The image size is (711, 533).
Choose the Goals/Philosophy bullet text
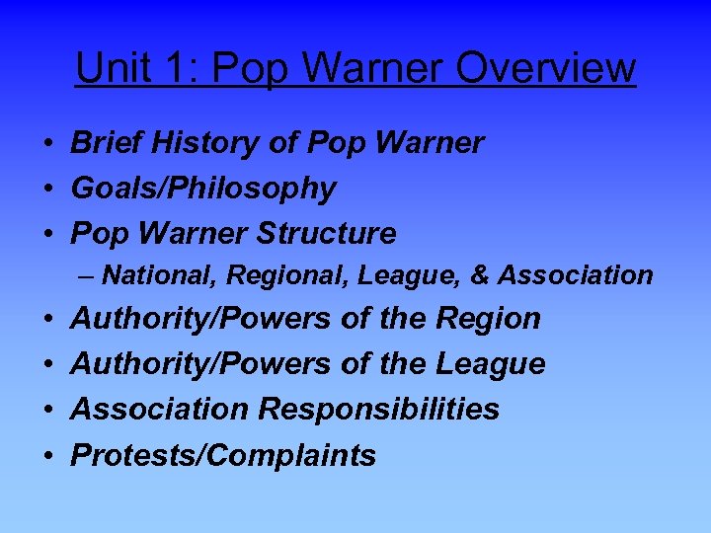[x=203, y=189]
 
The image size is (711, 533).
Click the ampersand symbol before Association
[x=481, y=275]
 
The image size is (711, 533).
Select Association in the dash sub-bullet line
[x=575, y=275]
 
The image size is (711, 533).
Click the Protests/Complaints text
[x=223, y=455]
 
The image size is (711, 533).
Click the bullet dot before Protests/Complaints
[x=47, y=456]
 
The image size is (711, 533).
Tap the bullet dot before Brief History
[x=47, y=144]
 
